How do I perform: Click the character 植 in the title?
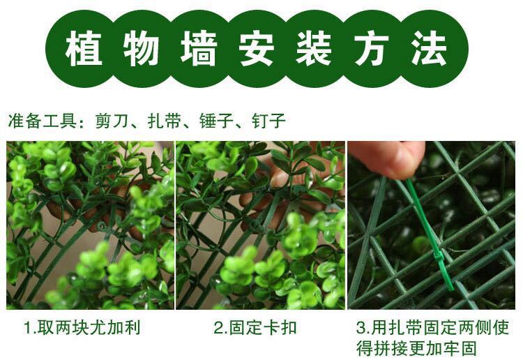point(84,49)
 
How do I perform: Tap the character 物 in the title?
point(141,49)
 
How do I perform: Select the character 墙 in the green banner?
point(199,49)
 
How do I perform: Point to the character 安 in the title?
point(257,49)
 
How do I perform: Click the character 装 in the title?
point(314,49)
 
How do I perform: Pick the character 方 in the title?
point(372,49)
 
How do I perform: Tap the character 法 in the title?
point(429,49)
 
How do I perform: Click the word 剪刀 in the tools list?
point(112,121)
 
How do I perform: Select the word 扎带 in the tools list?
point(164,121)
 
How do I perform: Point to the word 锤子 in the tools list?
point(216,121)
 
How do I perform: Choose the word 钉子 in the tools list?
point(268,121)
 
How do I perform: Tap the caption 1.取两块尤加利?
point(82,327)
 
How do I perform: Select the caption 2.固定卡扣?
point(255,327)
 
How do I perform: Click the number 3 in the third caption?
point(361,328)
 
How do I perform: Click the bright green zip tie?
point(430,234)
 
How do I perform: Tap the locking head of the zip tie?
point(439,260)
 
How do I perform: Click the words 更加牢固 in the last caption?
point(442,349)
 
